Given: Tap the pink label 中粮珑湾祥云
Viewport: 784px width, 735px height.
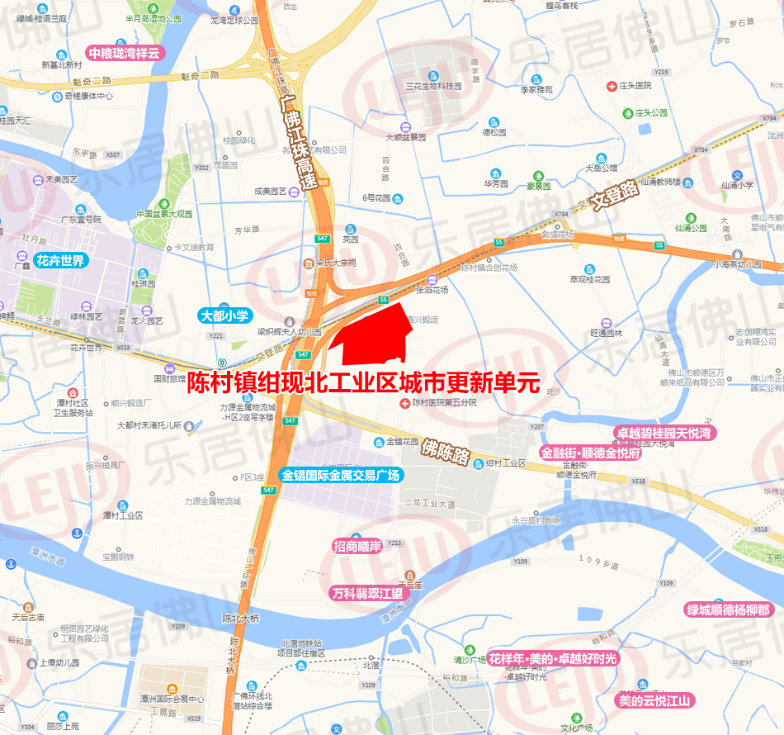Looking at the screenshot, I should [128, 53].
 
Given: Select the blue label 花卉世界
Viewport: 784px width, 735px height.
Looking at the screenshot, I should [60, 261].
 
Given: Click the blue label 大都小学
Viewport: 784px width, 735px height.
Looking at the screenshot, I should [224, 315].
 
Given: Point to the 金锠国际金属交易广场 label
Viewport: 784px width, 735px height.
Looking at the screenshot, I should [340, 476].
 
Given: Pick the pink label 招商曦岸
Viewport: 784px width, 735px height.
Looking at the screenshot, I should [357, 546].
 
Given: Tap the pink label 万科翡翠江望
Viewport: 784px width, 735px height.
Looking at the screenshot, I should [366, 593].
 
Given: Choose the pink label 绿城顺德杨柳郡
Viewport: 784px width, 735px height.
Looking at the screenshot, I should [729, 610].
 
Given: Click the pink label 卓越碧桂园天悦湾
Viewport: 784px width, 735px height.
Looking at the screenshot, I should [664, 433].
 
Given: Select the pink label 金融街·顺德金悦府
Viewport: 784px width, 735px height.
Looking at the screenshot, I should [591, 453].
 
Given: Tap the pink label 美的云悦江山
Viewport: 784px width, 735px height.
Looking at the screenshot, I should [657, 700].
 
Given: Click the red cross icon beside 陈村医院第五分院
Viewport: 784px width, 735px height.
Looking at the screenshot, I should [404, 403].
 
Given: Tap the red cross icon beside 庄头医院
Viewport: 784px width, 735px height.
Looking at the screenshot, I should [612, 85].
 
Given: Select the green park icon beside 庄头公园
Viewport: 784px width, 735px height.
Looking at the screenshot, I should [628, 112].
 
